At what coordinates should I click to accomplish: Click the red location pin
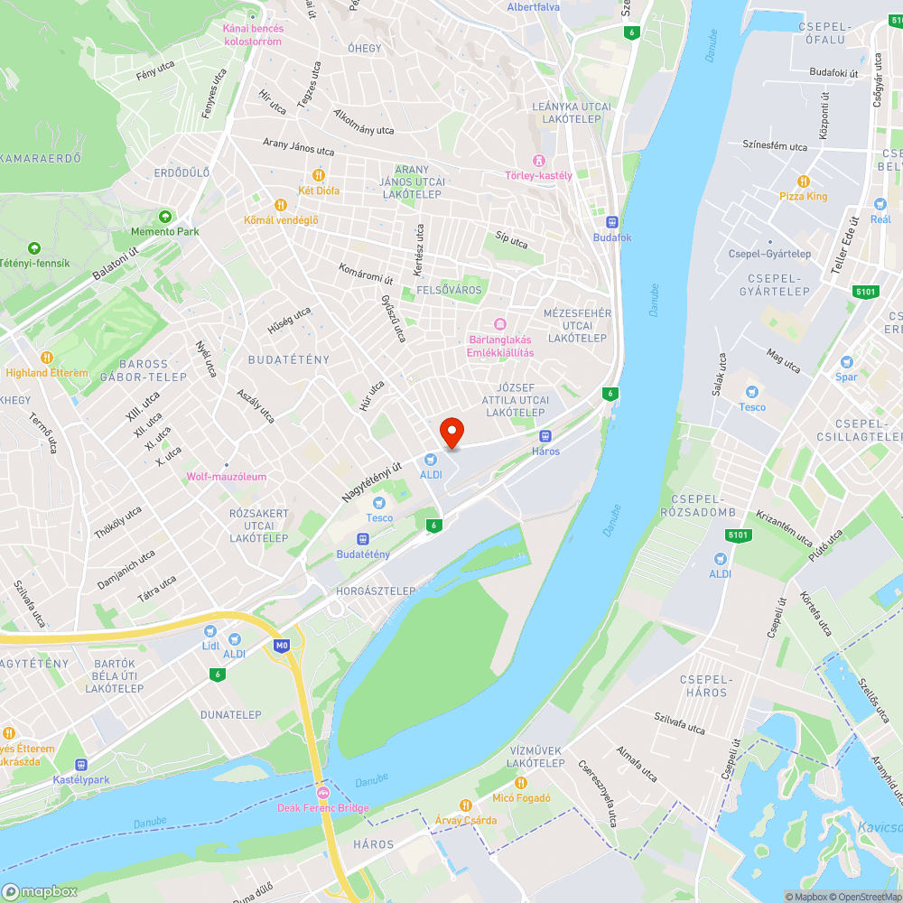(451, 432)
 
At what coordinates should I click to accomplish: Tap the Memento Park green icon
(164, 217)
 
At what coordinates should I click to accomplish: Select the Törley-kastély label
(539, 175)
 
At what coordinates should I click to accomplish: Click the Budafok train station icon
(612, 221)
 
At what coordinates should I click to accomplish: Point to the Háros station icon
(545, 436)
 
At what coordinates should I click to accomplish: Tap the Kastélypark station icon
(81, 764)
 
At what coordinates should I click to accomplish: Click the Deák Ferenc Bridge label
(322, 808)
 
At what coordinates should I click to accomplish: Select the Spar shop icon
(846, 361)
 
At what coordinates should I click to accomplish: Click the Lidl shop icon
(210, 631)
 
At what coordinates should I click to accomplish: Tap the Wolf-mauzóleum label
(227, 477)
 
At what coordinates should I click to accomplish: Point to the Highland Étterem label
(47, 373)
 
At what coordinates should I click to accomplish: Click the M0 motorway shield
(283, 646)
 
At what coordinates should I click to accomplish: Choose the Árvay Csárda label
(466, 820)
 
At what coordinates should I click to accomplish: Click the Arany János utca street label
(298, 146)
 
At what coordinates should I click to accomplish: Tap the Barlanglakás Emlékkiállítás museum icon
(499, 324)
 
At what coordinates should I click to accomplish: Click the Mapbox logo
(41, 891)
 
